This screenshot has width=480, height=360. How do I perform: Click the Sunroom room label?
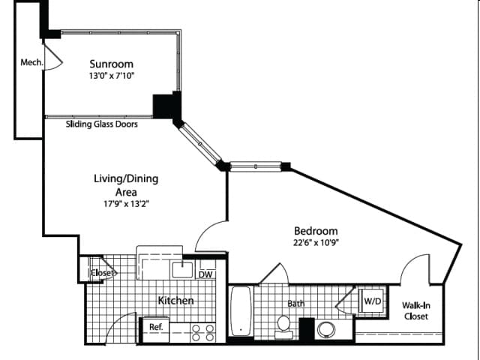pyautogui.click(x=112, y=64)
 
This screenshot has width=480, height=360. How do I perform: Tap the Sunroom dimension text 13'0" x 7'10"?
pyautogui.click(x=112, y=76)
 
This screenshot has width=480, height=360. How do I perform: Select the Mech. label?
pyautogui.click(x=31, y=62)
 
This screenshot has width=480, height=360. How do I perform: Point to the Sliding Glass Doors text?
pyautogui.click(x=102, y=124)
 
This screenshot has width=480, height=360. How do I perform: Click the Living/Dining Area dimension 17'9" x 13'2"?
pyautogui.click(x=126, y=203)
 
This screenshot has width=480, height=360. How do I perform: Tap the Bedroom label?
pyautogui.click(x=316, y=231)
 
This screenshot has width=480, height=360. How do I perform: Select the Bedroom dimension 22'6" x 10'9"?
pyautogui.click(x=316, y=242)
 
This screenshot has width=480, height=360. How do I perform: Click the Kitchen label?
pyautogui.click(x=175, y=301)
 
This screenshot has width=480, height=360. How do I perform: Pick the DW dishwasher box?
pyautogui.click(x=205, y=274)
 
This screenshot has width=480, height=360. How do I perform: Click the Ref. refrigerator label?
pyautogui.click(x=156, y=327)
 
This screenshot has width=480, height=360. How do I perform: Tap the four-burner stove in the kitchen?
pyautogui.click(x=202, y=333)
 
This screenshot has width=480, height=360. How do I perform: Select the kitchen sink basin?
pyautogui.click(x=182, y=270)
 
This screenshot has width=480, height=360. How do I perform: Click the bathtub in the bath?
pyautogui.click(x=241, y=310)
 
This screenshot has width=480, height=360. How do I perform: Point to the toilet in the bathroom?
pyautogui.click(x=283, y=327)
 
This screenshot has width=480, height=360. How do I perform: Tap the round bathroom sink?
pyautogui.click(x=326, y=330)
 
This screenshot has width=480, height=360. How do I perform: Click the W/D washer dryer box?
pyautogui.click(x=373, y=301)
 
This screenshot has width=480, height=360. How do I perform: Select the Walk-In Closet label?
pyautogui.click(x=415, y=310)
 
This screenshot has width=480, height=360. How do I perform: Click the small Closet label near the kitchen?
pyautogui.click(x=103, y=272)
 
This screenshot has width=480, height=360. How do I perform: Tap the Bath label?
pyautogui.click(x=296, y=303)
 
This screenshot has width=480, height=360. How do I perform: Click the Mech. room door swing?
pyautogui.click(x=54, y=58)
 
